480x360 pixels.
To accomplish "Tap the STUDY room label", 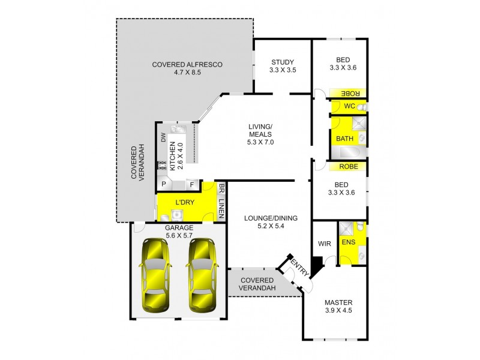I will pos(283,61).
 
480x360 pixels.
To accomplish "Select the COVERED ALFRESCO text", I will pos(187,64).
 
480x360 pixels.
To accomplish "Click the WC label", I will pos(349,106).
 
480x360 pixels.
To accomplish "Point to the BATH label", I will pos(344,139).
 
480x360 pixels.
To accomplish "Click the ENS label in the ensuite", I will pos(347,242).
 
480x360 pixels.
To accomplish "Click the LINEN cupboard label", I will pos(221,207).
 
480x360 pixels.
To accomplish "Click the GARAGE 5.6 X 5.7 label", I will pos(178,232).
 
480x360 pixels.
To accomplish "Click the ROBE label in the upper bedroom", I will pos(350,94).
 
